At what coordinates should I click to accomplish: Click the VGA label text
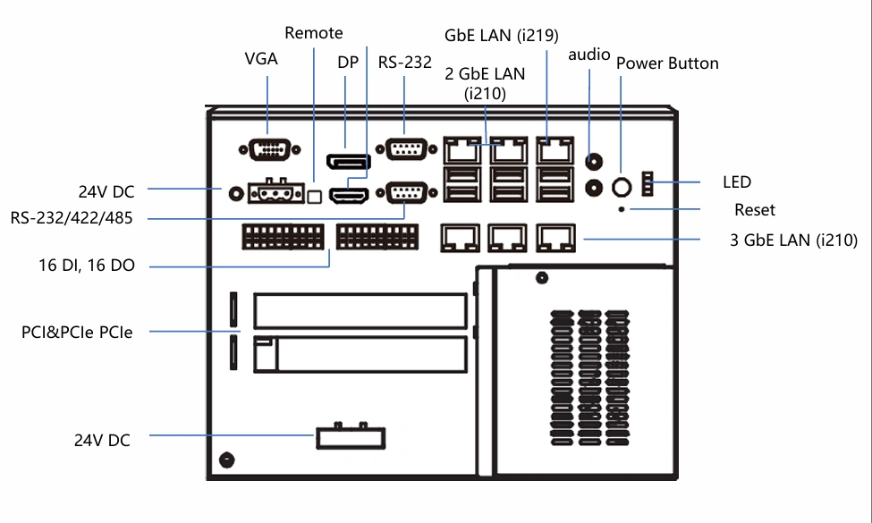(261, 59)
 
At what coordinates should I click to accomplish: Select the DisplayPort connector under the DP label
(349, 162)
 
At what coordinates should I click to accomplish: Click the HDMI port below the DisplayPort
(349, 196)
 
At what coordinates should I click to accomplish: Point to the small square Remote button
(315, 196)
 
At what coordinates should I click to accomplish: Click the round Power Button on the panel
(622, 187)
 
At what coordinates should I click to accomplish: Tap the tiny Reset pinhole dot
(622, 209)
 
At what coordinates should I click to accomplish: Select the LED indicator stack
(648, 184)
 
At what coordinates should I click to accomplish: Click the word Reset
(755, 210)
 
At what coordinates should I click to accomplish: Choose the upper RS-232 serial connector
(407, 149)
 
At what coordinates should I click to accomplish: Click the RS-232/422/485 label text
(72, 218)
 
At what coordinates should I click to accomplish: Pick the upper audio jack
(595, 162)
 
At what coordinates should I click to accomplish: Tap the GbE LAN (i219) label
(502, 36)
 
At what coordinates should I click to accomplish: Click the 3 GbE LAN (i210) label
(793, 240)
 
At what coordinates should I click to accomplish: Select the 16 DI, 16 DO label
(87, 266)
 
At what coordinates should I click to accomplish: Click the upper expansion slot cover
(360, 311)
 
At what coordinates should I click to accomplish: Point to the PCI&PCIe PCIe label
(77, 333)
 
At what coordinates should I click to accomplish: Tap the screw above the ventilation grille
(542, 277)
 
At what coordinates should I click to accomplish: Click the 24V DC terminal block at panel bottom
(351, 437)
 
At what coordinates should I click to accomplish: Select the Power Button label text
(667, 63)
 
